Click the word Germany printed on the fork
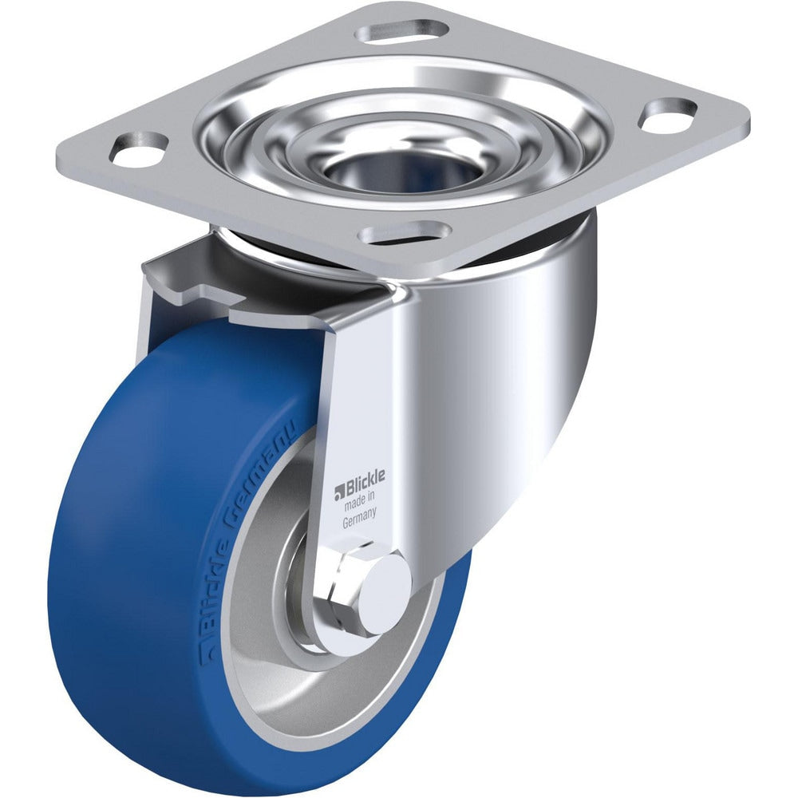tap(360, 524)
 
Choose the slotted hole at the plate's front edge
tap(405, 233)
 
